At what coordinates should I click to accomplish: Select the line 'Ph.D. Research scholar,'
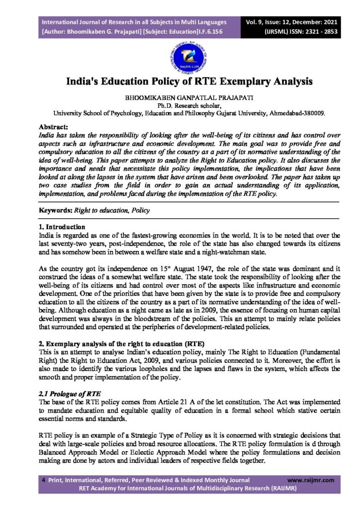coord(180,105)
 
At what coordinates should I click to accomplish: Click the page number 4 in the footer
coord(44,480)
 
